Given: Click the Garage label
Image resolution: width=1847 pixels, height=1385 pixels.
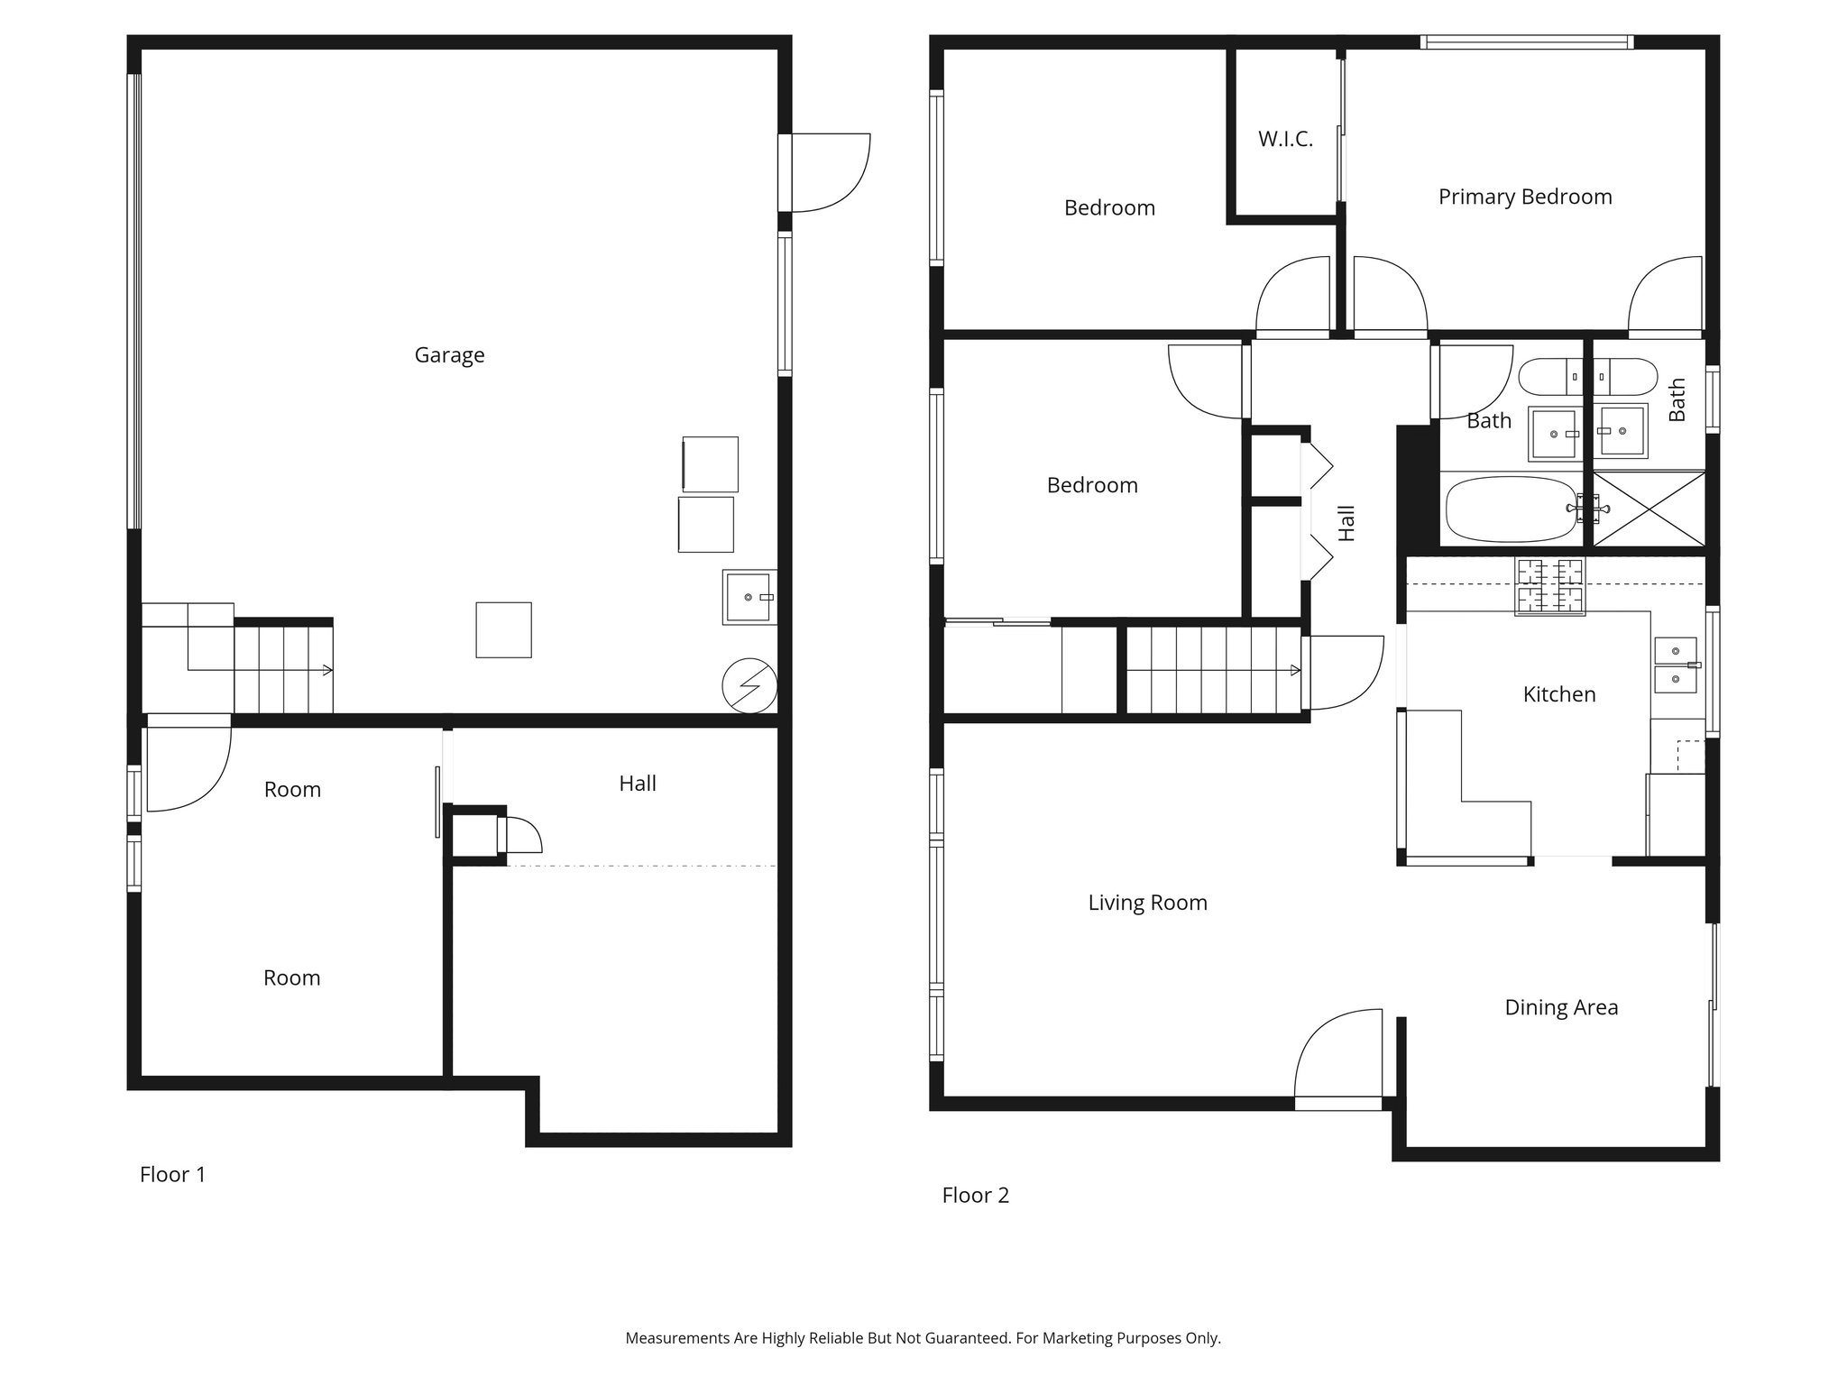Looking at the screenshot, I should [x=449, y=355].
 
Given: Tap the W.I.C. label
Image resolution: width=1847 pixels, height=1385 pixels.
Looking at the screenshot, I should [x=1285, y=140].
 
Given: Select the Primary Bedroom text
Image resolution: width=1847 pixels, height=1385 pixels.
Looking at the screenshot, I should [x=1524, y=197].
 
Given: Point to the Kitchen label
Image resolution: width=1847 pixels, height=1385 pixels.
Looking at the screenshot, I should [x=1558, y=694].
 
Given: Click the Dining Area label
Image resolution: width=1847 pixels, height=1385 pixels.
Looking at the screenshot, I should [x=1560, y=1007].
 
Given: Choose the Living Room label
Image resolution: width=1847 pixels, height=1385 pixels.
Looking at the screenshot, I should [x=1146, y=903].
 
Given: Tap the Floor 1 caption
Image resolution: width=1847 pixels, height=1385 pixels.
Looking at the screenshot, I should [x=172, y=1174].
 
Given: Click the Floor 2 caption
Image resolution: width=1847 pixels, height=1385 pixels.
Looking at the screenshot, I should [x=975, y=1196].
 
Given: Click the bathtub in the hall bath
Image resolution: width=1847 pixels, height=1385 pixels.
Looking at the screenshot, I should [x=1511, y=509].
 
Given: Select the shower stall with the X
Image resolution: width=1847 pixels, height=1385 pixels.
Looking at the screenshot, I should [x=1649, y=509].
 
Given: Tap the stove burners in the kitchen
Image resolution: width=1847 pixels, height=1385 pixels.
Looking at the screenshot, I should [x=1549, y=586].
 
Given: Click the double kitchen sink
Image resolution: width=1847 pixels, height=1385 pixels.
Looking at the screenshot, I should [x=1675, y=665].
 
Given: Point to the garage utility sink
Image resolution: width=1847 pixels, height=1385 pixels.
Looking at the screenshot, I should [x=749, y=597].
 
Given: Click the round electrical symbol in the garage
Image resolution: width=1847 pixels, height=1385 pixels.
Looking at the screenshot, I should [x=749, y=687].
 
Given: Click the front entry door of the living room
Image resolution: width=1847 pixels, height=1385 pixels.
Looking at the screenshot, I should [x=1338, y=1060].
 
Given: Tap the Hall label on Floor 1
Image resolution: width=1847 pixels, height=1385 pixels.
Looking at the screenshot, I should [x=637, y=784].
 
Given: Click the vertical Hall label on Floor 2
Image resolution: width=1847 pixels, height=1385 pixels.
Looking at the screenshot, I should [x=1346, y=523].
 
